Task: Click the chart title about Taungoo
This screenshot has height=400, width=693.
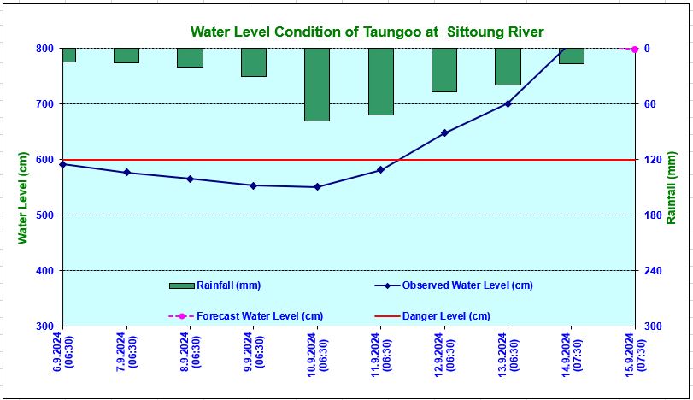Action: point(367,32)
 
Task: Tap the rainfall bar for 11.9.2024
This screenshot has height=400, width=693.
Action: point(381,81)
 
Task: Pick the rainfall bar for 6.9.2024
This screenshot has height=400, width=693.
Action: point(68,55)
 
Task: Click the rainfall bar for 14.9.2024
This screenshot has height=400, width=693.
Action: point(571,56)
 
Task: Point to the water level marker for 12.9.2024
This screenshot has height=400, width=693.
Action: point(444,132)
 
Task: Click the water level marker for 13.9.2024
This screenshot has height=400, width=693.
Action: point(508,103)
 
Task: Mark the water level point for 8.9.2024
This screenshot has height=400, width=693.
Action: point(190,179)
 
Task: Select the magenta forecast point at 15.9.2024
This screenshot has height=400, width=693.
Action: point(634,49)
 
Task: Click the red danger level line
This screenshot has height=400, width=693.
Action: point(256,160)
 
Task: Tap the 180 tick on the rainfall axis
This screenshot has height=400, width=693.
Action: point(652,215)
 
